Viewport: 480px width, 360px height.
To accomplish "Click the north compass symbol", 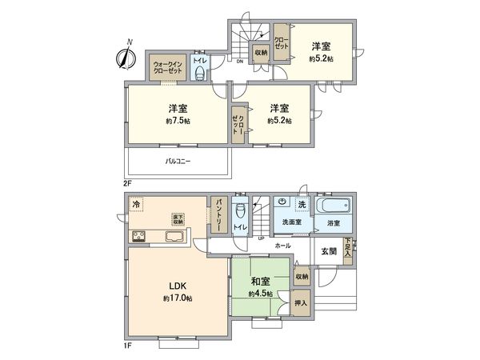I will [126, 57].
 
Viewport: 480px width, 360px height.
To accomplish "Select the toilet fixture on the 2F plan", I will [201, 74].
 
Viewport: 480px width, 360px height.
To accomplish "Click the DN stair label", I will [239, 60].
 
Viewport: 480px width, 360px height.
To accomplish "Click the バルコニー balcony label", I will [178, 161].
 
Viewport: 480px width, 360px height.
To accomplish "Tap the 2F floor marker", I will [126, 183].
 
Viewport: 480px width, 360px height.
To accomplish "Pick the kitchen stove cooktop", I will [140, 236].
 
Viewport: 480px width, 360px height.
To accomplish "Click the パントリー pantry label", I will [215, 214].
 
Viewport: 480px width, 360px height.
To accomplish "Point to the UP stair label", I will [261, 238].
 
